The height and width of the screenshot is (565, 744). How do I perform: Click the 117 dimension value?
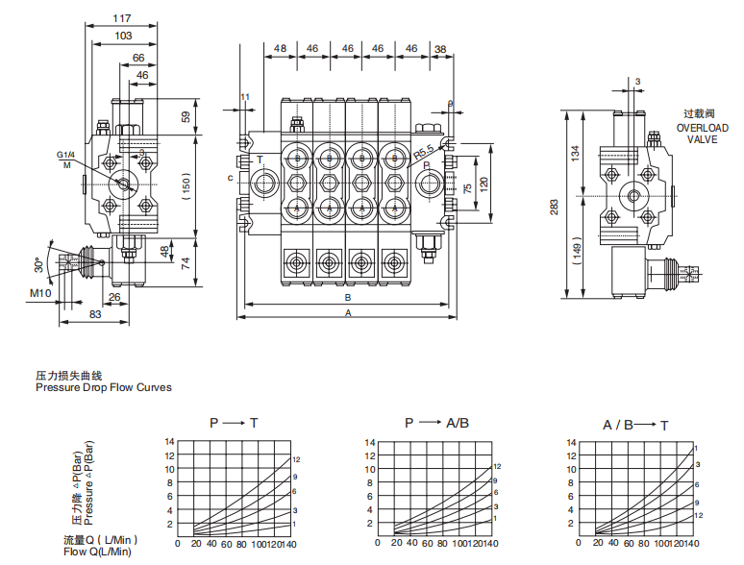point(123,17)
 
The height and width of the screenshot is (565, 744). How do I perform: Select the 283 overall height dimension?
point(556,206)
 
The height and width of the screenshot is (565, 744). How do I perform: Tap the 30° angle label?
point(37,261)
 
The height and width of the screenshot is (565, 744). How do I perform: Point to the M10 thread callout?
point(40,293)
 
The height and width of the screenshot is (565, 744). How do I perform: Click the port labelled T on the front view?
point(259,160)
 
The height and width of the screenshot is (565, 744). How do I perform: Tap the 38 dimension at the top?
point(440,48)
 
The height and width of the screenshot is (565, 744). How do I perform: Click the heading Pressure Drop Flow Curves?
point(104,387)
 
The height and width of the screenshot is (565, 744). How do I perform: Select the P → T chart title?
point(234,423)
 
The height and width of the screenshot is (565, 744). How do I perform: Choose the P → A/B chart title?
point(436,423)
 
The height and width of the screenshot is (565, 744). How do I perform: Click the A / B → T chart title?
point(635,424)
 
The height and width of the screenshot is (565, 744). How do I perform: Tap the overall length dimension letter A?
point(348,313)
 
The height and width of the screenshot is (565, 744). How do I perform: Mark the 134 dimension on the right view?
point(576,152)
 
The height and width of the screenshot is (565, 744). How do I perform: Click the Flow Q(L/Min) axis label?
point(97,552)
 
